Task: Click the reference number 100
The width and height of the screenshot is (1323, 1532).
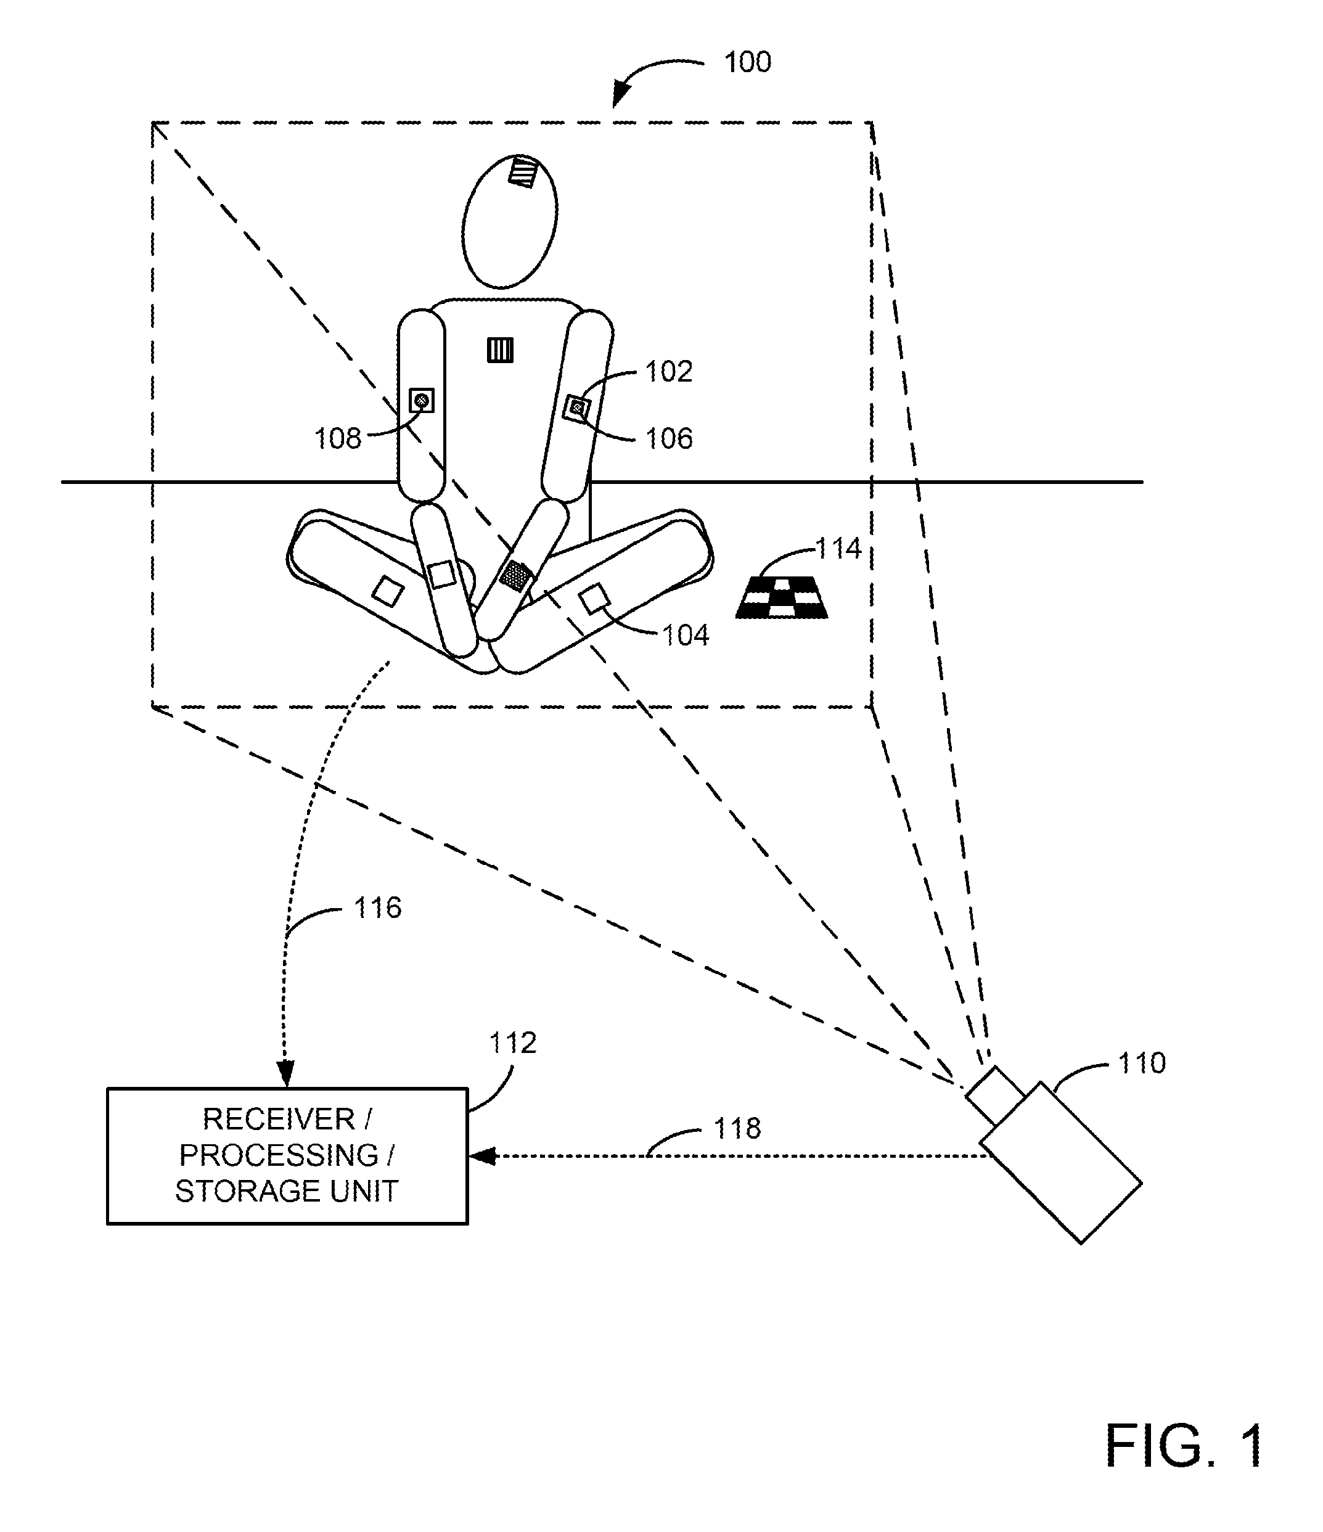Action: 748,62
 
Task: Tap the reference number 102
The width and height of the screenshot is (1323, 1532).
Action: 668,371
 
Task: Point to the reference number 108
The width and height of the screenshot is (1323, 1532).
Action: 338,438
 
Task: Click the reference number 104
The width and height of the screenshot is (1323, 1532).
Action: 686,635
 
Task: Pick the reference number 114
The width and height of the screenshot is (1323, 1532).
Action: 838,548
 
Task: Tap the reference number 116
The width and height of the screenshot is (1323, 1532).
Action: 378,907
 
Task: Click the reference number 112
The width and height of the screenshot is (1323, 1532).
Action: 512,1042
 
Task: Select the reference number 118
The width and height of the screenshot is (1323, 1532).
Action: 737,1128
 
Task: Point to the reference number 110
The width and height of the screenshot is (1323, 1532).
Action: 1142,1063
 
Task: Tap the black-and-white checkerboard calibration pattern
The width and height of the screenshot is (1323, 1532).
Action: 782,597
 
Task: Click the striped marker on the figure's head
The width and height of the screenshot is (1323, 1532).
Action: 523,171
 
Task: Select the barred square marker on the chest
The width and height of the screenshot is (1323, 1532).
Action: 501,350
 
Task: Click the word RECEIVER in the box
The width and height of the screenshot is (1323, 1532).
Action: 279,1119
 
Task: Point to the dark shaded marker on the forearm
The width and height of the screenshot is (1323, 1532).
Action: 515,575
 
